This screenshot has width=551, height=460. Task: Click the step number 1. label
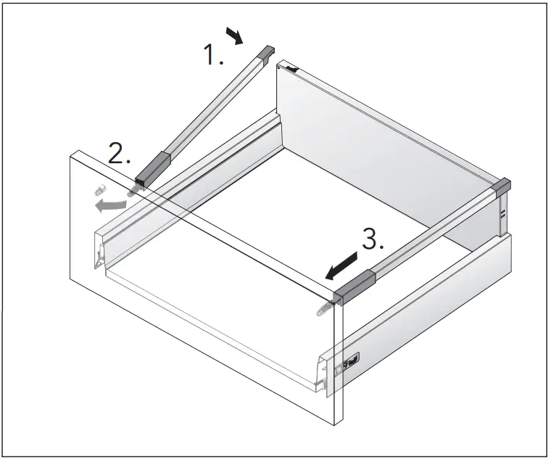click(x=213, y=55)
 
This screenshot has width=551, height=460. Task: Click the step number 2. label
click(x=119, y=154)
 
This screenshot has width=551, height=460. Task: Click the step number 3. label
click(x=373, y=240)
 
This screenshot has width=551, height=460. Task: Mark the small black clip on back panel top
click(x=291, y=69)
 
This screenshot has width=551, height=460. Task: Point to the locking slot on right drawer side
click(x=351, y=358)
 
